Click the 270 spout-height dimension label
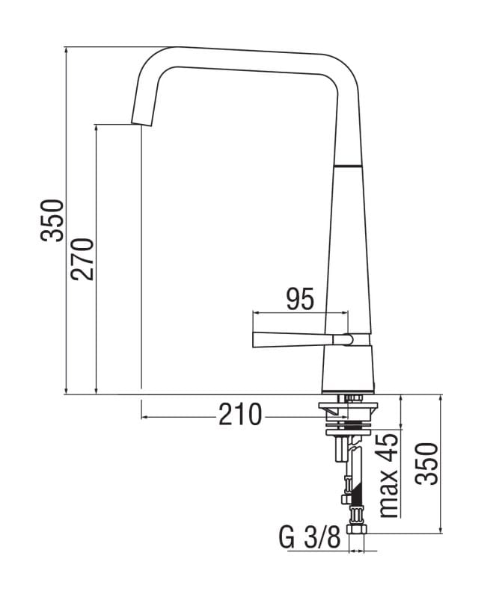[83, 258]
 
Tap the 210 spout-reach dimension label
[240, 414]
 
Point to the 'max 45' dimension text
[389, 475]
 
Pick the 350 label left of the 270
[53, 220]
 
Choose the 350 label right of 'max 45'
[426, 463]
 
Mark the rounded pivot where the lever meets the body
[346, 339]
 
